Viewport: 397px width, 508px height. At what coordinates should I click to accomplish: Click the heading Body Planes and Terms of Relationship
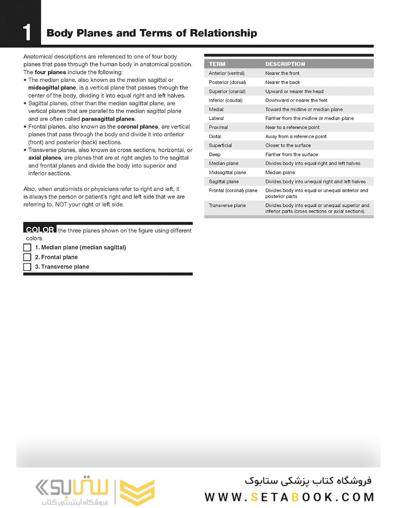[x=151, y=33]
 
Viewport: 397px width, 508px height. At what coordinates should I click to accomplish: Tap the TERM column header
[x=217, y=64]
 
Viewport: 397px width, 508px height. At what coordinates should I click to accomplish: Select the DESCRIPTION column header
[x=285, y=64]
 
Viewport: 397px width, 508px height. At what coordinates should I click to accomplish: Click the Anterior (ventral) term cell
[x=226, y=73]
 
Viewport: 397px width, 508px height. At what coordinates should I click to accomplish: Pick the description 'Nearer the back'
[x=282, y=82]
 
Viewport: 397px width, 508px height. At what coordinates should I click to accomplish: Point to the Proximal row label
[x=218, y=127]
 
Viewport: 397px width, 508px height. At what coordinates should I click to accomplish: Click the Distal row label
[x=215, y=136]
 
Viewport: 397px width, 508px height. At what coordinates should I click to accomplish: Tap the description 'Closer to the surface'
[x=288, y=145]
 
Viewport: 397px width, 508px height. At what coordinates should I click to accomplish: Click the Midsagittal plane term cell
[x=227, y=173]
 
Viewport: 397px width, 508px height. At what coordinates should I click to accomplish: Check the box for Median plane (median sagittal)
[x=27, y=247]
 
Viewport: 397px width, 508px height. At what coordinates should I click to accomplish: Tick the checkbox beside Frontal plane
[x=27, y=257]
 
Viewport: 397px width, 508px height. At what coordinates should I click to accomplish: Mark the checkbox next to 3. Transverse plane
[x=27, y=267]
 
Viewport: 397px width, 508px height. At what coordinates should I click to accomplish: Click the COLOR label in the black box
[x=40, y=230]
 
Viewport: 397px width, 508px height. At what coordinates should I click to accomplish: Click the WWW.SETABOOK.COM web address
[x=289, y=497]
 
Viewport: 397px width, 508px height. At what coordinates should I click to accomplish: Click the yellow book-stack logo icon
[x=137, y=492]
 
